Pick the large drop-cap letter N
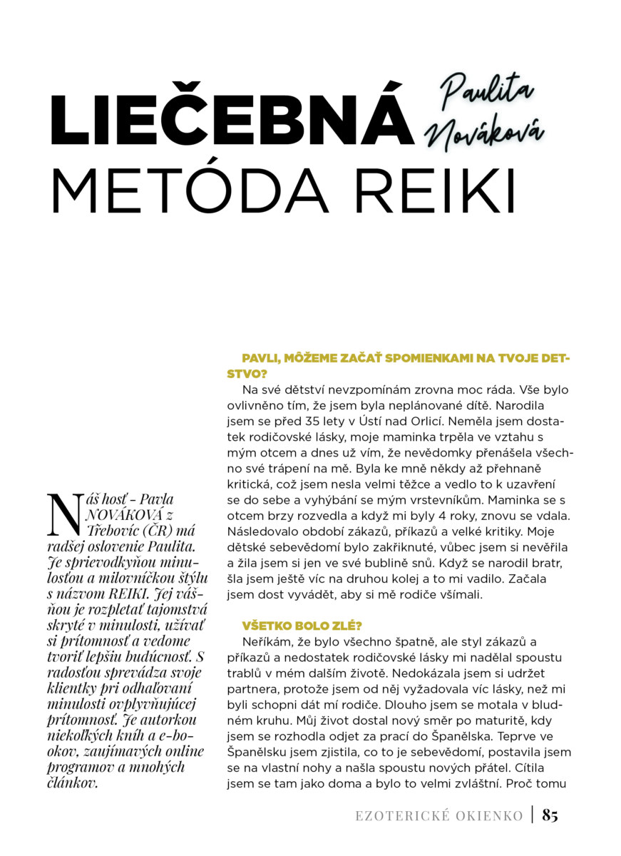coord(63,514)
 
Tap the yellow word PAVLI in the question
coord(260,358)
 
